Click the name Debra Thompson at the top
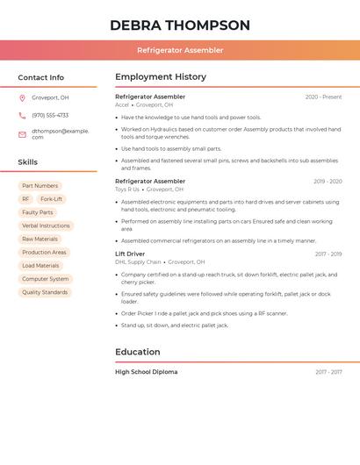[180, 25]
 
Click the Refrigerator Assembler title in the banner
[180, 50]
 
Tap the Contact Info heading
[41, 77]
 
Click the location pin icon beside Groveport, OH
[22, 97]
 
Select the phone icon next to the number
[22, 115]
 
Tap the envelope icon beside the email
[22, 134]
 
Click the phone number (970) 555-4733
[50, 115]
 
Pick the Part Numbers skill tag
[40, 186]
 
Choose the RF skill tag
[25, 199]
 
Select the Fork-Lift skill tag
[51, 199]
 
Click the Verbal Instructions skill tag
[46, 225]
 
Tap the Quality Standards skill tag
[45, 292]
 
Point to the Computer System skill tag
[45, 279]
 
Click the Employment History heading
[161, 77]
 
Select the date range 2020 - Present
[323, 97]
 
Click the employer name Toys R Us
[127, 189]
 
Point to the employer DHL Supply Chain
[138, 261]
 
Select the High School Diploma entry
[146, 372]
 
